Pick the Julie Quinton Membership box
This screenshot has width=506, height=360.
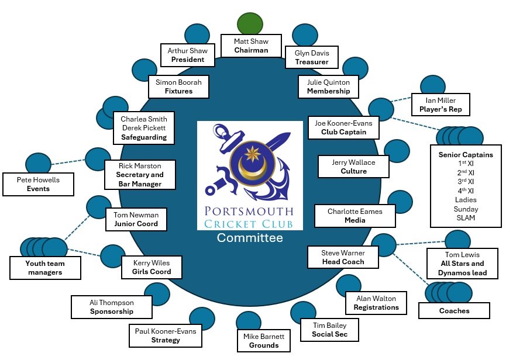click(328, 86)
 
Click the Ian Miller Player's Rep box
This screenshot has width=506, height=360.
click(440, 104)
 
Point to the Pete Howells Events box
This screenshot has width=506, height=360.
click(39, 184)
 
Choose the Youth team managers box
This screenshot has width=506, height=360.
click(44, 268)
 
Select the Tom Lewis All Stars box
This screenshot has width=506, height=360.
click(463, 263)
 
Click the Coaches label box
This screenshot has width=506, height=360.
click(454, 310)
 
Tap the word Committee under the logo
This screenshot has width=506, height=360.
click(250, 238)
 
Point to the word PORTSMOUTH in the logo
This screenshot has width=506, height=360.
click(250, 212)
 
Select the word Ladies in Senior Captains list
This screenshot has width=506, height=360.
click(466, 199)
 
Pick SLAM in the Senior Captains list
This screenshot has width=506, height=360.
click(466, 218)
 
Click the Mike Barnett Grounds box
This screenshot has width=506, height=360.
click(264, 341)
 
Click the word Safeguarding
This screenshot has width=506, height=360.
click(144, 137)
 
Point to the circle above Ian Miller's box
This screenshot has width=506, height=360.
click(432, 86)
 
